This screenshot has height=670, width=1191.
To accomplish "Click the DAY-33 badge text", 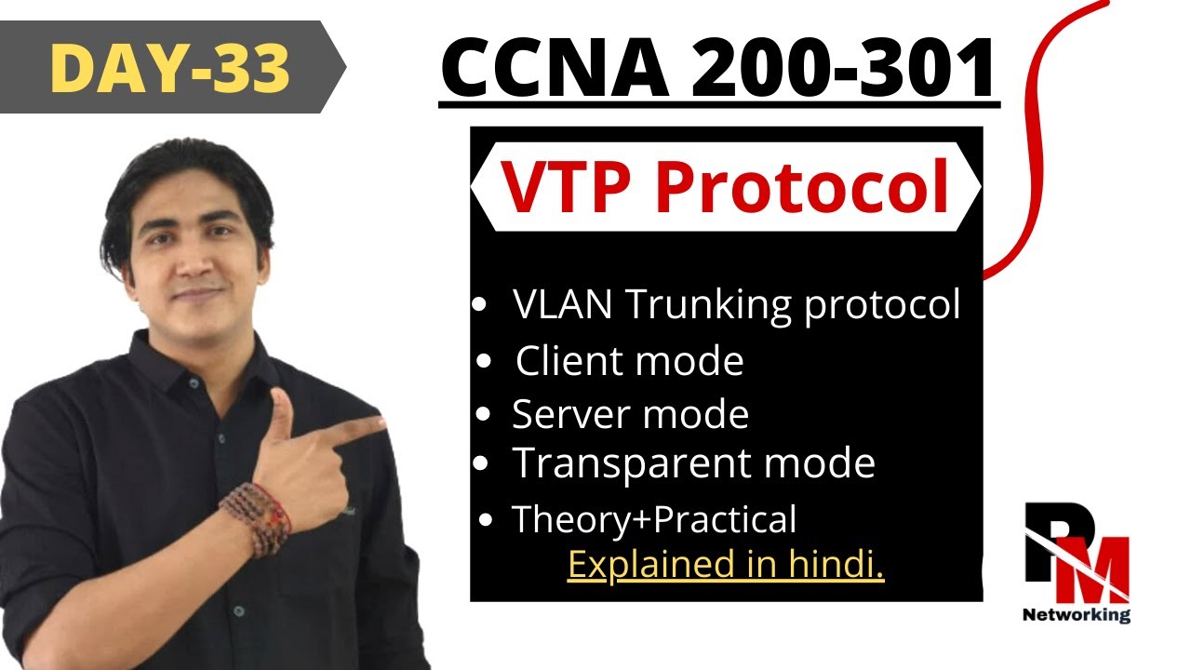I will (169, 67).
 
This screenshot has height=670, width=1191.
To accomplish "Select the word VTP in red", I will (569, 186).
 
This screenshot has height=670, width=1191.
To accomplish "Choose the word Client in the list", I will (571, 361).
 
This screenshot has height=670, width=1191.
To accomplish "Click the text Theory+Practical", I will (654, 519).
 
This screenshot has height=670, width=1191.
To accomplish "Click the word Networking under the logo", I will (1077, 614).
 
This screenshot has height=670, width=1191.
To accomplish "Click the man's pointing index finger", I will (358, 429).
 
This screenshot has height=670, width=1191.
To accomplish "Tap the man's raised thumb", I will (280, 409).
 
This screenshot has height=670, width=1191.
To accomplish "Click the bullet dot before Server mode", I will (482, 415).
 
